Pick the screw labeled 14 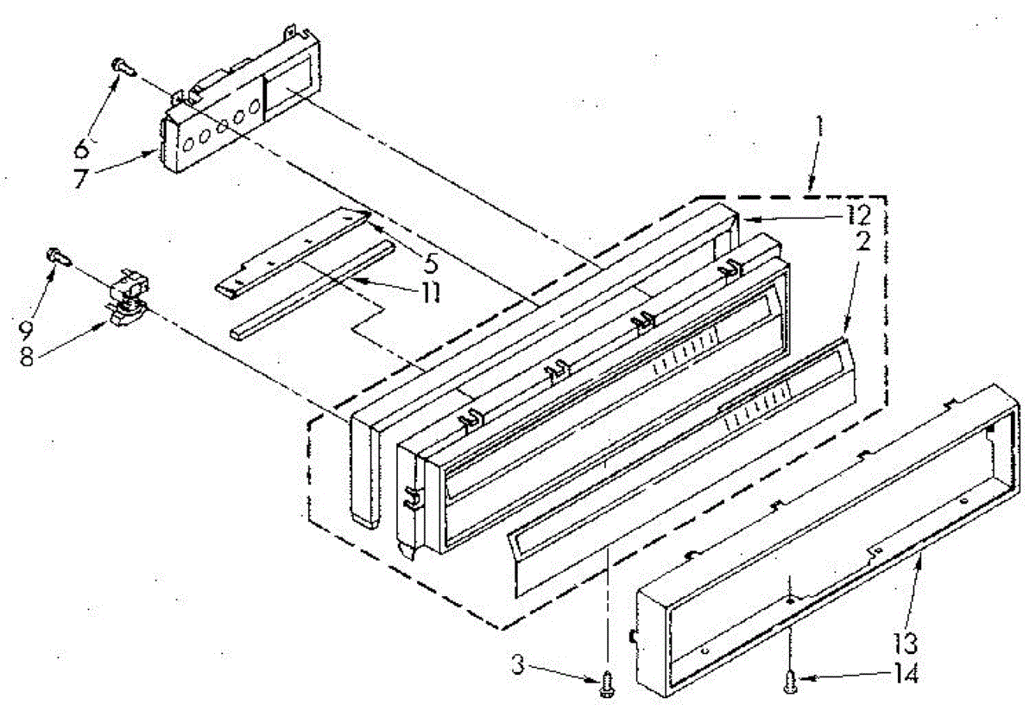coord(789,682)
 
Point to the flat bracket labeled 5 coord(294,246)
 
